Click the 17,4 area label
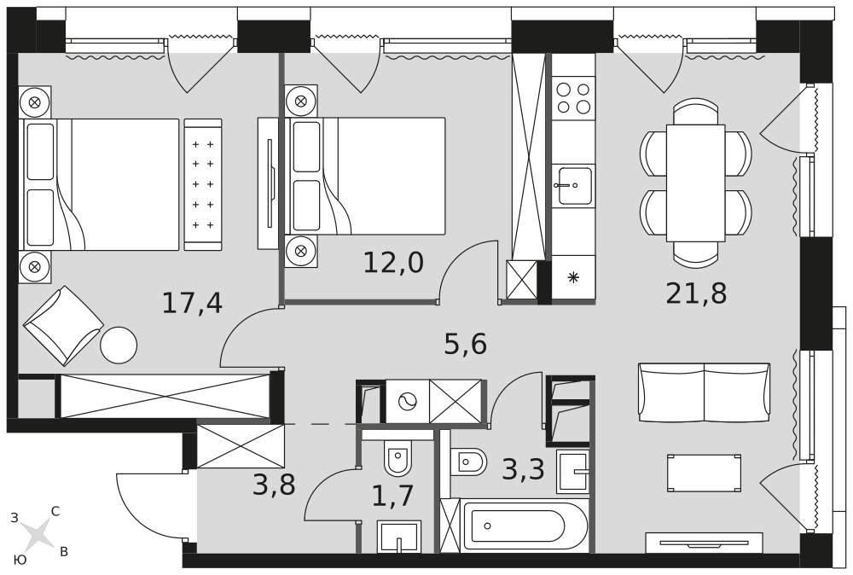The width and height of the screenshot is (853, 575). (192, 303)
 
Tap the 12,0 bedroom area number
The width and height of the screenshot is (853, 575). (392, 263)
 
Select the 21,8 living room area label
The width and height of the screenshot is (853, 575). (696, 293)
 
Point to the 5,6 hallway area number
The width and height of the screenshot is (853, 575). (465, 344)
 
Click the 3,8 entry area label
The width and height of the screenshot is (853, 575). (274, 485)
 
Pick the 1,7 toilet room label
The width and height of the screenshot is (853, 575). (392, 496)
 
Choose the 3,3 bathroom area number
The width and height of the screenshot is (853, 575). (523, 468)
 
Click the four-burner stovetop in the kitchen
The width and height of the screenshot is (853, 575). (573, 98)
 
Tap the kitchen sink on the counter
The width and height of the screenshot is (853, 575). (574, 185)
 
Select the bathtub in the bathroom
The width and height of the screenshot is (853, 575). (525, 526)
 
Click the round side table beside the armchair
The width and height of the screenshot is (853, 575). (119, 345)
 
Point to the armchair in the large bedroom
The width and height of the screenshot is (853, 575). (62, 325)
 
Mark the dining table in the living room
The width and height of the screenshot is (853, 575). (696, 183)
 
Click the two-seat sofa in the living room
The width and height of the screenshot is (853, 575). (705, 392)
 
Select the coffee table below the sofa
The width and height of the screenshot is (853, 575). (704, 473)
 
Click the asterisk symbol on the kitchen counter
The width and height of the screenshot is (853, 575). (573, 278)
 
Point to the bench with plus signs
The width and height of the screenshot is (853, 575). (203, 184)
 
